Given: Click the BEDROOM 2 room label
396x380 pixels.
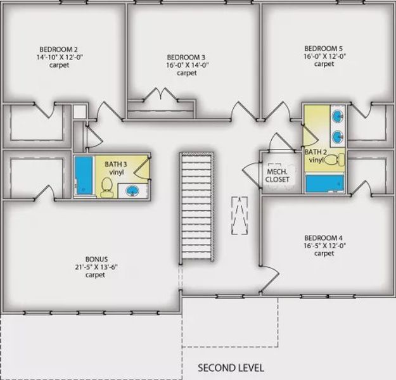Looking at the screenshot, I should tap(59, 49).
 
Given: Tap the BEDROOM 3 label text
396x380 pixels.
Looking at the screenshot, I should tap(186, 58).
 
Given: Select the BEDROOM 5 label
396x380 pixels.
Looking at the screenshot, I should tap(324, 48).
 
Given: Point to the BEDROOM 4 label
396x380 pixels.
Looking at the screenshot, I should tap(323, 239).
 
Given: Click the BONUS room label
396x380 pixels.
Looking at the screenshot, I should tap(96, 259).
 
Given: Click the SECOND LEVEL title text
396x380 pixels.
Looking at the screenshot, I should tap(231, 367).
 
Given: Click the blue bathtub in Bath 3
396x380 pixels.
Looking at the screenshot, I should tap(83, 176).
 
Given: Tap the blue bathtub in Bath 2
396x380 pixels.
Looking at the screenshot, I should tap(324, 182).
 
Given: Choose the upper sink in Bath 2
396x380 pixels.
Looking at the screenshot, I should tap(338, 117).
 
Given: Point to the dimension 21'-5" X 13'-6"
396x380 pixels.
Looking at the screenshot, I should tap(96, 267).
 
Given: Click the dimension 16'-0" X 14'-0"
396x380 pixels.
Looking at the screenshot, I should tap(186, 65).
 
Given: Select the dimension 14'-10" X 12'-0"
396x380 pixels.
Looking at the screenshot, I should tap(59, 56).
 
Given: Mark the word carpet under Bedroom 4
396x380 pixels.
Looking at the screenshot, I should tap(323, 254).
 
